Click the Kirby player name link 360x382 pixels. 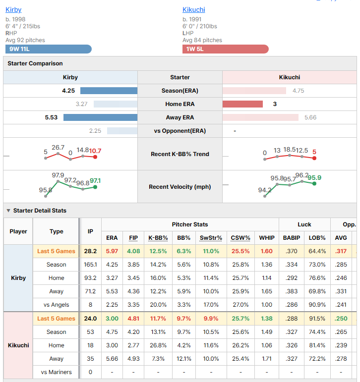click(x=13, y=10)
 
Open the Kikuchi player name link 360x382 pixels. click(x=194, y=10)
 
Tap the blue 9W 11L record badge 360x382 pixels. click(x=49, y=49)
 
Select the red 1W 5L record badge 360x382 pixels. click(x=225, y=49)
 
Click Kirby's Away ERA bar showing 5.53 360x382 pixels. click(x=100, y=117)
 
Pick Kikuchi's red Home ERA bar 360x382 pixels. click(x=242, y=104)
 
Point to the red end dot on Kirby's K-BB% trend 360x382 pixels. click(x=95, y=157)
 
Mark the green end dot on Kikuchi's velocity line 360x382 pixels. click(x=314, y=183)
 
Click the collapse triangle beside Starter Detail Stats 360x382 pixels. click(x=8, y=211)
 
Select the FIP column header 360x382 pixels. click(x=133, y=238)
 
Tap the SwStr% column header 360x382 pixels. click(x=211, y=238)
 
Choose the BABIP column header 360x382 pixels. click(x=292, y=238)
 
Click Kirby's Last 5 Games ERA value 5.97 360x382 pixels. click(x=112, y=251)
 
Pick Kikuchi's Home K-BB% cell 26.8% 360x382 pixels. click(x=158, y=345)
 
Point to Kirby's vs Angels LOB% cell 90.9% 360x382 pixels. click(x=317, y=305)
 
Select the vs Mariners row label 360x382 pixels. click(x=57, y=372)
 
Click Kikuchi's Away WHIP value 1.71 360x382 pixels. click(x=267, y=359)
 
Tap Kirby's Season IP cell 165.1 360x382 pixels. click(x=90, y=265)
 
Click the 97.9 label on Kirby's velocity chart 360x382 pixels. click(x=58, y=175)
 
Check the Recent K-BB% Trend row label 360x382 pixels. click(x=180, y=154)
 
